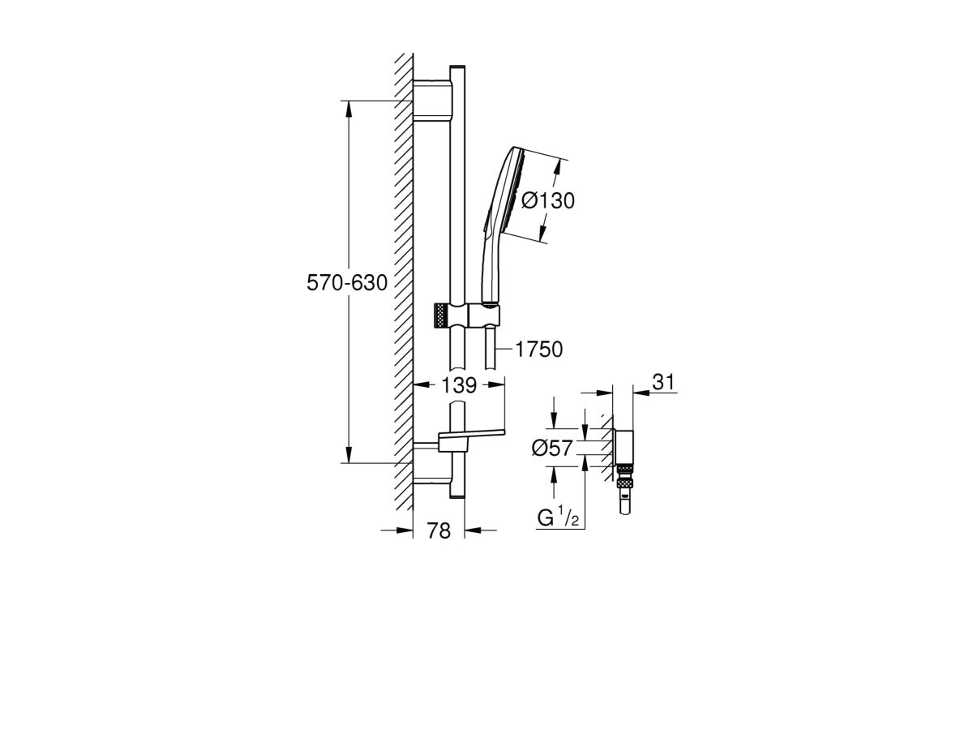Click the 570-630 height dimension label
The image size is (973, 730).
(347, 283)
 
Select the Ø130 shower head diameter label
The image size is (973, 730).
(548, 200)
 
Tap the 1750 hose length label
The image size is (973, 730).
(539, 350)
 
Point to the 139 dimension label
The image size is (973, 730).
(459, 385)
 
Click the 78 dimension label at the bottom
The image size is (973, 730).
(439, 530)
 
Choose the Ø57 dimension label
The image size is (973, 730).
(553, 448)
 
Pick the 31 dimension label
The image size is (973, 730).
(663, 382)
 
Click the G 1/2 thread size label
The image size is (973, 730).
(558, 517)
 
